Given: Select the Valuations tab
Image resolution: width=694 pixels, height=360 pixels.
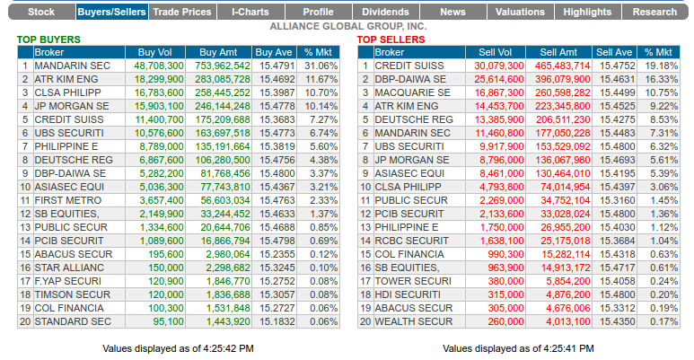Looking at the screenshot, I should click(x=520, y=13).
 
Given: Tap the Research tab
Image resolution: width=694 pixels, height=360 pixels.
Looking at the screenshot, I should click(x=654, y=13).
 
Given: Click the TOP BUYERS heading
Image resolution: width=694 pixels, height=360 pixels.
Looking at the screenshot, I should click(x=48, y=40).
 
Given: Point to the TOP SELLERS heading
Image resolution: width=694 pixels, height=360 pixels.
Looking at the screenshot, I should click(x=391, y=40).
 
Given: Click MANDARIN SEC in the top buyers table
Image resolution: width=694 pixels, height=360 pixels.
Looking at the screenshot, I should click(x=73, y=66).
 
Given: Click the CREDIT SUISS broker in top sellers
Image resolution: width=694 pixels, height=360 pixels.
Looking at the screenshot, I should click(x=410, y=66).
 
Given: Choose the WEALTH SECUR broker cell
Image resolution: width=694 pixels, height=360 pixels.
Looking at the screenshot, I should click(x=413, y=320).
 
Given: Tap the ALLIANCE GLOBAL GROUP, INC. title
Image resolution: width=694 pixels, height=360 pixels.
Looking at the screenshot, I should click(x=347, y=27).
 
